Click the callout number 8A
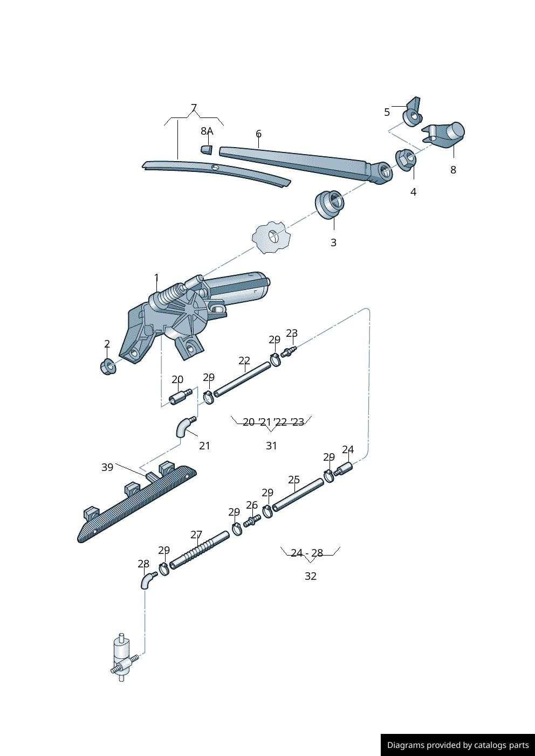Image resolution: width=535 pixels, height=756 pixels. tap(207, 131)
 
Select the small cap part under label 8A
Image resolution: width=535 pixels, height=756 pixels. tap(207, 149)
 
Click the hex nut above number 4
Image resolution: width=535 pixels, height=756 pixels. tap(406, 158)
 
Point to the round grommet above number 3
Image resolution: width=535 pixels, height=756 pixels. tap(329, 204)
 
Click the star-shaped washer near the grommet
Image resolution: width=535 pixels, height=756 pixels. tap(271, 237)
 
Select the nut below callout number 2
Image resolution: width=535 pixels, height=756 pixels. tap(108, 367)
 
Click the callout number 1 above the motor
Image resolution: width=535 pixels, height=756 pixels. tap(156, 278)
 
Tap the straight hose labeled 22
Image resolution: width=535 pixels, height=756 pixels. tap(243, 379)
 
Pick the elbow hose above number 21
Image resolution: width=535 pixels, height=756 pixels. tap(184, 427)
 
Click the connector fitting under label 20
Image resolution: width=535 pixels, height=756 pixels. tap(180, 397)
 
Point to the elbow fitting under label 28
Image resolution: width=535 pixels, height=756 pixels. tap(147, 581)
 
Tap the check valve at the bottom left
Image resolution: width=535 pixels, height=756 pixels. tap(122, 658)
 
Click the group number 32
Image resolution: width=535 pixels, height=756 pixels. tap(311, 576)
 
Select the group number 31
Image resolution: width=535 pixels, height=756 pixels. tap(271, 446)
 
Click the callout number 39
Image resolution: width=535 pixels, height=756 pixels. tap(107, 467)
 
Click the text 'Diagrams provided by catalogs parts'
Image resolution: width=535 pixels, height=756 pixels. tap(458, 745)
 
